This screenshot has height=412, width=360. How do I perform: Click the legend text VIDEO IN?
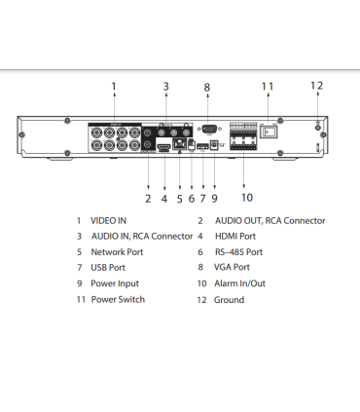[109, 221]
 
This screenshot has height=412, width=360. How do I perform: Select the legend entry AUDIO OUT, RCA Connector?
[270, 221]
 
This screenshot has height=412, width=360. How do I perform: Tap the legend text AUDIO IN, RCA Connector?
[142, 237]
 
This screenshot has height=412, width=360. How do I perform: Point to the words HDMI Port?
[235, 237]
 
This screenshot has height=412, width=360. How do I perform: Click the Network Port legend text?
[117, 251]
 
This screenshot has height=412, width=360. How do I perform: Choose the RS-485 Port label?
[239, 251]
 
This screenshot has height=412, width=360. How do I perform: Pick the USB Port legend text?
[108, 267]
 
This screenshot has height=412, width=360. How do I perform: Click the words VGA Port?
[233, 267]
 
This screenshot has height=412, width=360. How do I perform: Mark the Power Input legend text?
[115, 283]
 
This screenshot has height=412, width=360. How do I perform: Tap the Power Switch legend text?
[118, 299]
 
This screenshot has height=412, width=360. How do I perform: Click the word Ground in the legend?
[229, 299]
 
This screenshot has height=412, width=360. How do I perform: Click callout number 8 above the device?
[206, 88]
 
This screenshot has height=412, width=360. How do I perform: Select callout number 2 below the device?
[148, 199]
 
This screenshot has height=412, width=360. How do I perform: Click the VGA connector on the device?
[206, 129]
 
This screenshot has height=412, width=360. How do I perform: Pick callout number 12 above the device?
[316, 85]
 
